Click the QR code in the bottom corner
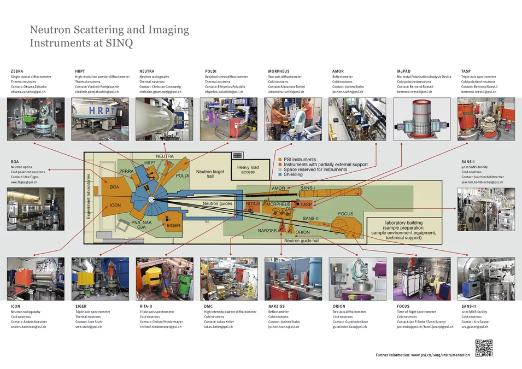[x=483, y=348]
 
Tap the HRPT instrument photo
[x=100, y=119]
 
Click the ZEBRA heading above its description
[x=17, y=72]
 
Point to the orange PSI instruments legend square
[x=280, y=160]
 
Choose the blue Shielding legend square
[x=280, y=175]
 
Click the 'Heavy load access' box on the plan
[x=248, y=169]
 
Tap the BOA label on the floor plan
[x=114, y=188]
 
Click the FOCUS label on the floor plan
[x=345, y=214]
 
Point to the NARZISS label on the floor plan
[x=268, y=231]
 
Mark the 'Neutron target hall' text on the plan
[x=210, y=174]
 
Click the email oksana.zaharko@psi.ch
[x=28, y=92]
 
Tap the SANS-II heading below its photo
[x=468, y=307]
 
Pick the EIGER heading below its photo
[x=81, y=307]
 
